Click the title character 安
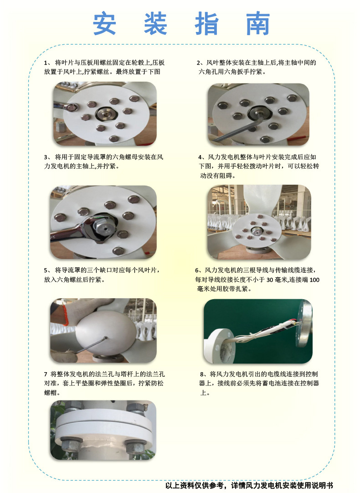point(105,24)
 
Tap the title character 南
point(258,24)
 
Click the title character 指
point(207,24)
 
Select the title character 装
point(155,24)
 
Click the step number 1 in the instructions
point(46,63)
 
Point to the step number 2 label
point(199,63)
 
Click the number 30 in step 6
point(270,280)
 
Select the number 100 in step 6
point(314,280)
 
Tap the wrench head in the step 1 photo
point(71,108)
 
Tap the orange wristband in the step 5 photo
point(65,314)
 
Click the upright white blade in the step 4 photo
point(262,200)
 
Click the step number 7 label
point(46,374)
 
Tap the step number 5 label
point(46,270)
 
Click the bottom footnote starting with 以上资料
point(249,485)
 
